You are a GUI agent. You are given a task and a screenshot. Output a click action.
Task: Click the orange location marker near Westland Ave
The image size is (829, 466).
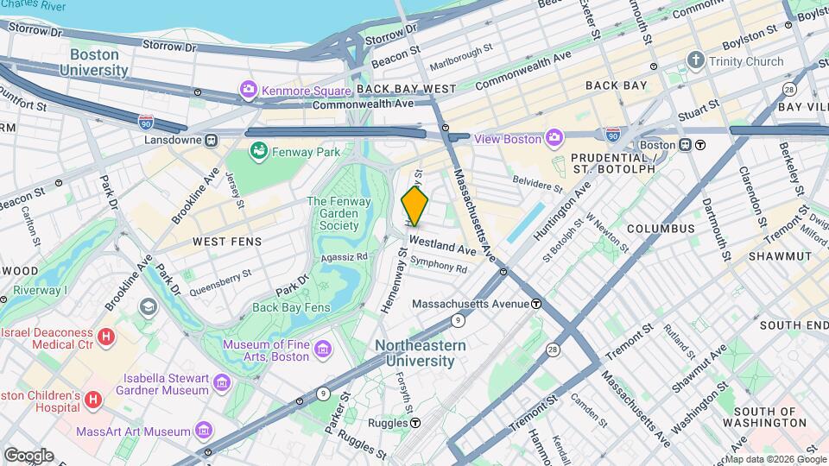coord(414,207)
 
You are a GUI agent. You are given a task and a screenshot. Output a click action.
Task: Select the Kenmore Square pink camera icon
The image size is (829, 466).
coord(250,89)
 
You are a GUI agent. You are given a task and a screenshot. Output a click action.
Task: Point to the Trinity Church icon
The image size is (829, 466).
coord(696,61)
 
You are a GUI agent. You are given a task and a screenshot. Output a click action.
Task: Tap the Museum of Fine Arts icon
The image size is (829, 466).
coord(323,349)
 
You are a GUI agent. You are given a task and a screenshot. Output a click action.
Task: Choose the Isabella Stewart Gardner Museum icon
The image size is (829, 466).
coord(222,381)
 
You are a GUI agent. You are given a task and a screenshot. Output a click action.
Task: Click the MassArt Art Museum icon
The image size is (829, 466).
coord(205,430)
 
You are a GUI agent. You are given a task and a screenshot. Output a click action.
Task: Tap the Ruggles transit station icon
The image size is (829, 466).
coord(416,423)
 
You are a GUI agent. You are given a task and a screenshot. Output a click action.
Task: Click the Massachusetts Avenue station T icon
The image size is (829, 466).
coord(536,304)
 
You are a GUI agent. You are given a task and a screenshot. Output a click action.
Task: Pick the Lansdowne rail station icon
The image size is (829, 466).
coord(211,140)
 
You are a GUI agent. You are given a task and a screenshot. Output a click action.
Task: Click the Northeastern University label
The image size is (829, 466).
coord(421,353)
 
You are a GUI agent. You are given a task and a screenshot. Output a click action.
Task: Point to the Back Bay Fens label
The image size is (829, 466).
coord(292,307)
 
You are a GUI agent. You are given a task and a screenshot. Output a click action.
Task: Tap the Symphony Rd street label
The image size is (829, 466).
coord(439,267)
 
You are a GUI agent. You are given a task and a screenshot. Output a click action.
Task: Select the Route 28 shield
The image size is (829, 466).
coord(552,349)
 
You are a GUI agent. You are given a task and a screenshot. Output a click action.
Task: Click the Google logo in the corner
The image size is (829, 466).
coord(28,455)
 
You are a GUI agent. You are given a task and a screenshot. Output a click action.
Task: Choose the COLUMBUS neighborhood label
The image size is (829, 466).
coord(661,229)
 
